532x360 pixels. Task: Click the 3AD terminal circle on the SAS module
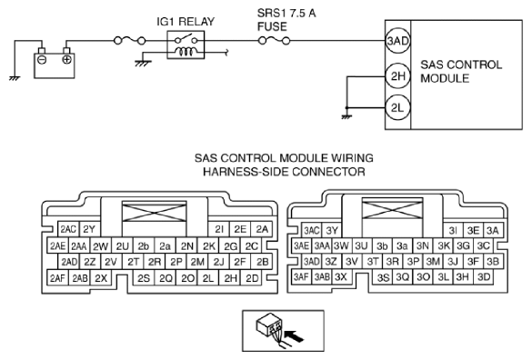[397, 41]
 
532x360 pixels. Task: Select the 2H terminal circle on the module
[397, 75]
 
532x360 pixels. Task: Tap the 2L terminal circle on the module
[397, 108]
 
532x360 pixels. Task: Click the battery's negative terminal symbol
[42, 60]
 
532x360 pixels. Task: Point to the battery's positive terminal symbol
[66, 60]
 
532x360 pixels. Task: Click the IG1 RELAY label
[186, 22]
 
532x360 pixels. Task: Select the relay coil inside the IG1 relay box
[186, 52]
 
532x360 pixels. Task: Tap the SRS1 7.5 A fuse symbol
[274, 41]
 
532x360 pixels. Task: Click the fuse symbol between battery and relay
[130, 41]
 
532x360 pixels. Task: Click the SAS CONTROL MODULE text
[461, 71]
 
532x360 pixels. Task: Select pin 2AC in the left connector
[68, 229]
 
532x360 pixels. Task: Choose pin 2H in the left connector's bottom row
[230, 278]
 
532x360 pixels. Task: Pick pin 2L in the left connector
[208, 278]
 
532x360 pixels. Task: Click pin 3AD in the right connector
[311, 261]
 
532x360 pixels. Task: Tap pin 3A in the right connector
[493, 231]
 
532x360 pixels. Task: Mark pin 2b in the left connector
[144, 246]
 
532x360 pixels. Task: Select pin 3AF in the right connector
[302, 277]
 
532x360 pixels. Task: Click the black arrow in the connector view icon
[294, 336]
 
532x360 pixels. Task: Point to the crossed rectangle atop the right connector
[392, 209]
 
